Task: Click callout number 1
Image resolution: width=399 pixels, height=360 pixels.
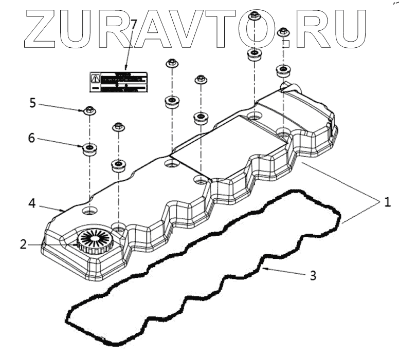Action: [387, 202]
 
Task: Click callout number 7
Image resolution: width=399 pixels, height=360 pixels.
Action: [134, 25]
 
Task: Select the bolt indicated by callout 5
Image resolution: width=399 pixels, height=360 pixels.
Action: [89, 110]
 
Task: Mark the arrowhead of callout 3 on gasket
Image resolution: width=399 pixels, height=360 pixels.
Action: [264, 269]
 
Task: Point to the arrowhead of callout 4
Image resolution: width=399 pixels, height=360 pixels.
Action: [63, 210]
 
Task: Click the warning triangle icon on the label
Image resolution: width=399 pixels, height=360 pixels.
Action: [95, 79]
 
